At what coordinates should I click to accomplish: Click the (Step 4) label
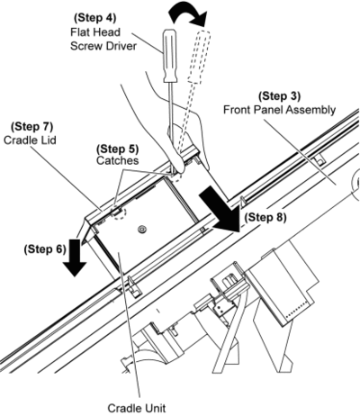(94, 17)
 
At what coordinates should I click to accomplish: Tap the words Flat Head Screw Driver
(103, 39)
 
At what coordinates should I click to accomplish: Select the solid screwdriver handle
(170, 56)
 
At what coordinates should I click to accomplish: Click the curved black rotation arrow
(188, 14)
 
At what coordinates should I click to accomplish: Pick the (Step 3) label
(279, 96)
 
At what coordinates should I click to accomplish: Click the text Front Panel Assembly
(279, 110)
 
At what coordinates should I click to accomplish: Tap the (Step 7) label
(31, 126)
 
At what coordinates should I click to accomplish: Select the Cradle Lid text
(30, 140)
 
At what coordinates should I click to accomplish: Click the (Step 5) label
(118, 149)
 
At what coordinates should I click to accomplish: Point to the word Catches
(117, 160)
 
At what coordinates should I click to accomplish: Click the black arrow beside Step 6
(75, 258)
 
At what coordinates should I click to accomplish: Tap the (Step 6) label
(45, 249)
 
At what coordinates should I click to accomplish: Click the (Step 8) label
(265, 217)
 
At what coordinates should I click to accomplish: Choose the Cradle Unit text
(137, 408)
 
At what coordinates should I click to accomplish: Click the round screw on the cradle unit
(141, 230)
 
